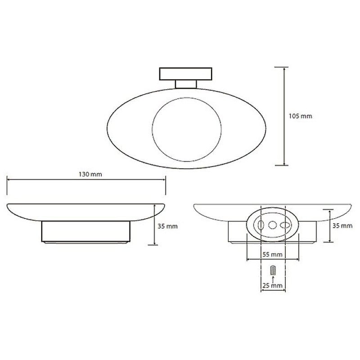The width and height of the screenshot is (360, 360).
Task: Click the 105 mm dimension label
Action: [x=300, y=116]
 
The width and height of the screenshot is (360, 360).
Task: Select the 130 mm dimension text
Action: [x=90, y=174]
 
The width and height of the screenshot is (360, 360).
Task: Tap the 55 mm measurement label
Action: [x=272, y=254]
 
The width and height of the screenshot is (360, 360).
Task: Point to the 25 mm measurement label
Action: [x=272, y=286]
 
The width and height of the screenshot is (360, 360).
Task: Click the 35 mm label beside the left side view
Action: [x=167, y=226]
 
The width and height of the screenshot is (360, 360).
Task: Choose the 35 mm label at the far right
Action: [x=342, y=226]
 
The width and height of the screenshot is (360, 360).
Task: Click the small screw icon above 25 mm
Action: [x=273, y=270]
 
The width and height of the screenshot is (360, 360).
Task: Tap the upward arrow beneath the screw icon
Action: [x=273, y=279]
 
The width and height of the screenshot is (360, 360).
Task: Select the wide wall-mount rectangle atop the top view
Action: [x=186, y=74]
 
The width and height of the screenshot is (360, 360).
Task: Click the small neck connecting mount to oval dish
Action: [x=186, y=84]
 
